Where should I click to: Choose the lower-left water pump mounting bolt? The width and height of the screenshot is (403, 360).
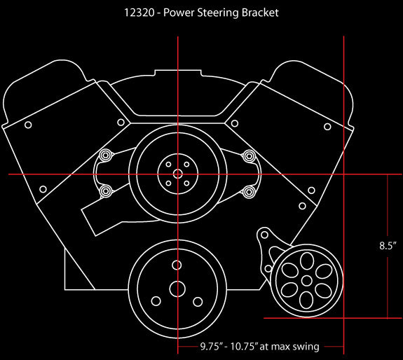[x=105, y=191]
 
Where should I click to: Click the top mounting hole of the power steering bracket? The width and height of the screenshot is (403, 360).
[x=264, y=233]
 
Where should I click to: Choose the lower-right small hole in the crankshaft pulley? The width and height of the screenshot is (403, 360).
[x=197, y=301]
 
